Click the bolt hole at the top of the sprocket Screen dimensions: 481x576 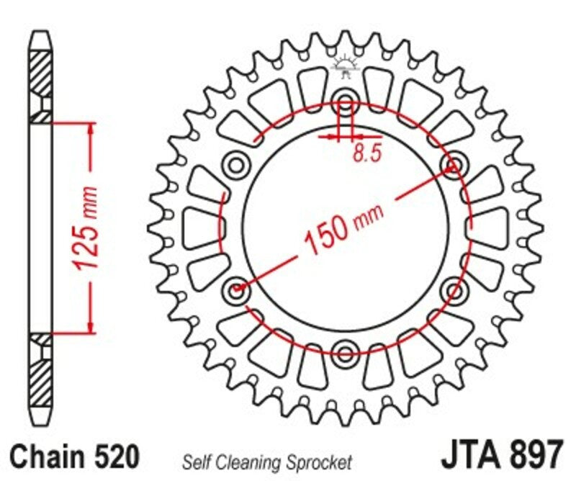click(345, 101)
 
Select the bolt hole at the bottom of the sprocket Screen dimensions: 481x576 click(345, 352)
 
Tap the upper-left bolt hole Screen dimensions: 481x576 click(235, 165)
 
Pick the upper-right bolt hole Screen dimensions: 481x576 click(454, 165)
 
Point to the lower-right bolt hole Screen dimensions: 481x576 click(454, 290)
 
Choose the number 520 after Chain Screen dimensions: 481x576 click(114, 457)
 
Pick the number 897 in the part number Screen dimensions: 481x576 click(534, 455)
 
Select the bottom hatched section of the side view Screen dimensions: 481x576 click(40, 378)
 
